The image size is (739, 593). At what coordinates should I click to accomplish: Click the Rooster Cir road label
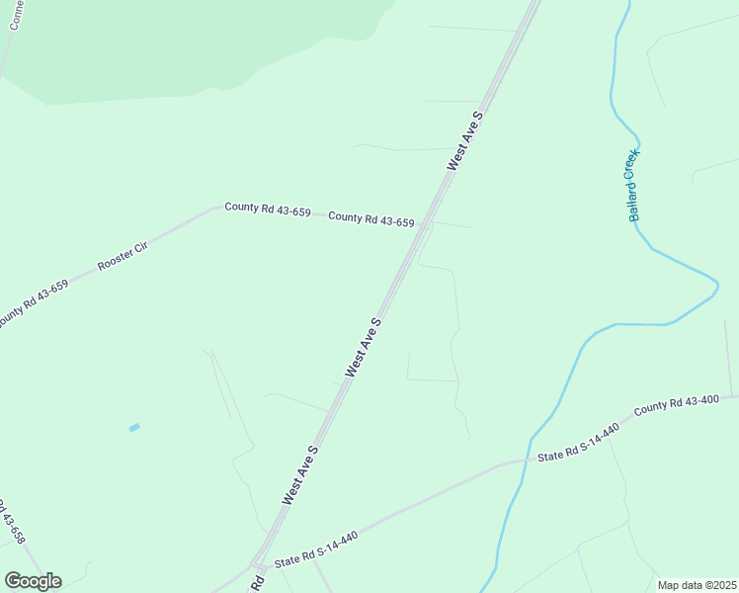(123, 256)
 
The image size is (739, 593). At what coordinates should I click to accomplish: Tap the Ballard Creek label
(633, 185)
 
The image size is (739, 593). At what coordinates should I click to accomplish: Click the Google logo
(33, 581)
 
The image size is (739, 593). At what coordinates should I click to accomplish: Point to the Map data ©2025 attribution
(697, 585)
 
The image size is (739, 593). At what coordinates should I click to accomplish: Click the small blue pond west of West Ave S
(134, 427)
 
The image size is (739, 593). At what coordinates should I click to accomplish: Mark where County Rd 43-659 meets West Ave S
(426, 223)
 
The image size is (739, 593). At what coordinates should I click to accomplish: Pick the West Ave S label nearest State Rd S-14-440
(300, 474)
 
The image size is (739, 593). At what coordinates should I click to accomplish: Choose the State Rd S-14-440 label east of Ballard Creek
(578, 443)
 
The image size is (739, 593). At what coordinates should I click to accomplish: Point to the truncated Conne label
(15, 14)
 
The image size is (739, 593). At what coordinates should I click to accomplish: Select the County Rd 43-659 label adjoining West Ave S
(370, 218)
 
